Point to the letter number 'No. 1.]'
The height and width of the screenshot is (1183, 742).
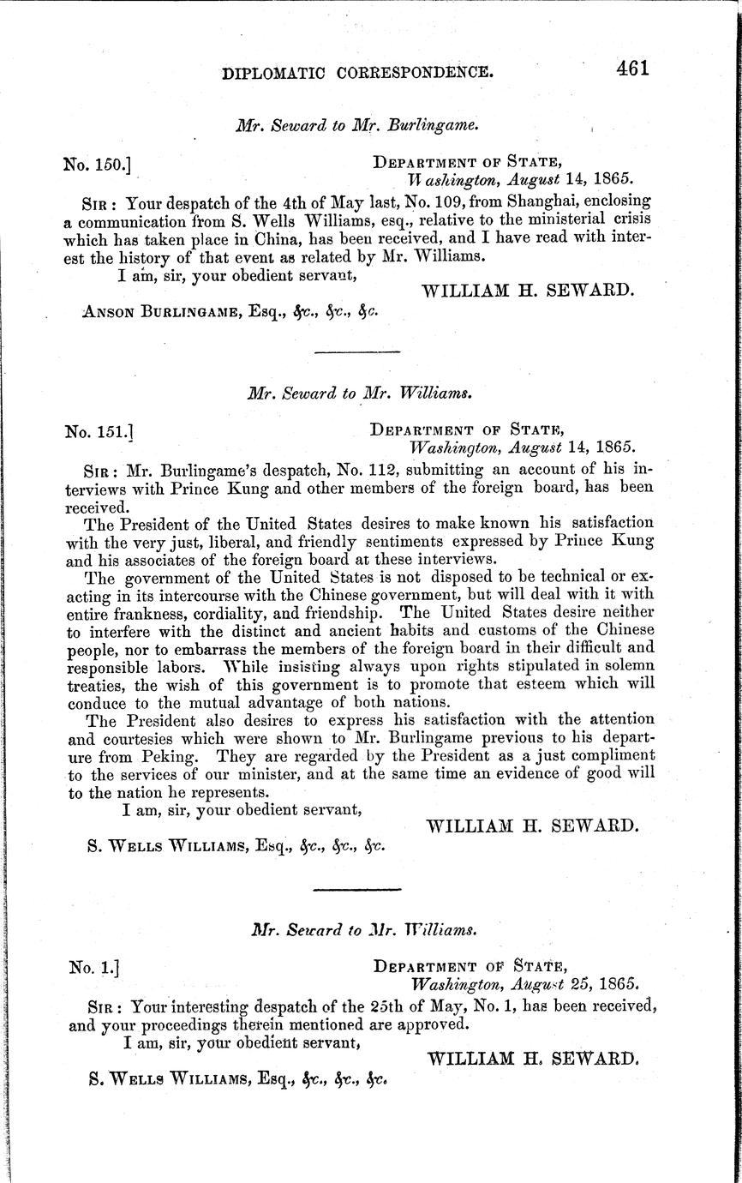tap(93, 967)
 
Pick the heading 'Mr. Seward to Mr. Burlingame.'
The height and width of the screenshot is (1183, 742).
tap(356, 123)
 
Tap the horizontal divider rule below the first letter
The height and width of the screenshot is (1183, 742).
tap(357, 352)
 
